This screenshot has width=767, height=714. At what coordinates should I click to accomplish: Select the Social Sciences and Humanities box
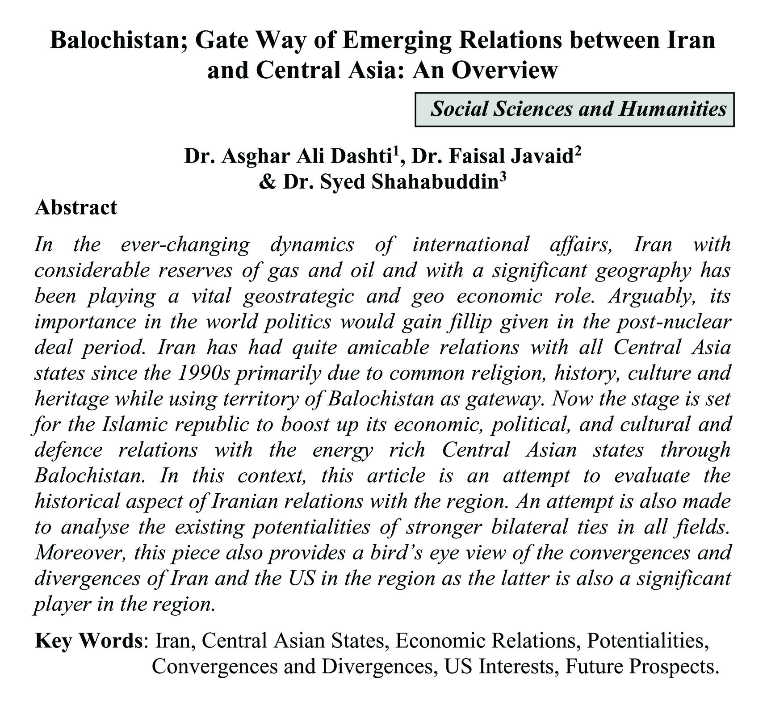pos(574,109)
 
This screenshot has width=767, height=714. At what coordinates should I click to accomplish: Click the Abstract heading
pos(76,208)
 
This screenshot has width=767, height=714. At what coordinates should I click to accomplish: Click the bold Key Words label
pos(88,642)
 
